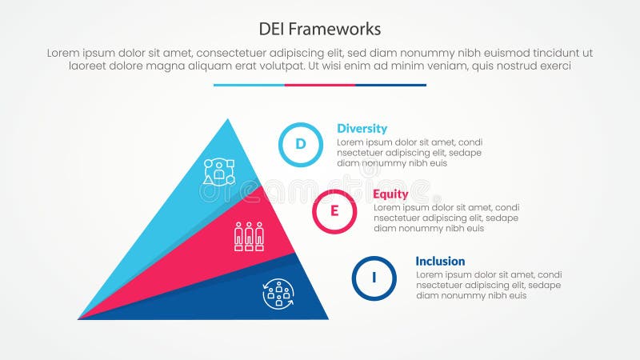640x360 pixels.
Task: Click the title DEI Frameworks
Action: [x=319, y=29]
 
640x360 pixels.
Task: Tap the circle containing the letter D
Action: [x=300, y=145]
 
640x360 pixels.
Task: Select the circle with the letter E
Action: [x=334, y=211]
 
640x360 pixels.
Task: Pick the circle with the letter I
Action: [x=374, y=278]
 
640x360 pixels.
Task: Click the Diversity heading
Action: [x=362, y=128]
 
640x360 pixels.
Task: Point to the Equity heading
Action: [x=390, y=194]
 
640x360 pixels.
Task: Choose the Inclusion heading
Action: [x=440, y=262]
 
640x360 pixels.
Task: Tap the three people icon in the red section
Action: [x=249, y=236]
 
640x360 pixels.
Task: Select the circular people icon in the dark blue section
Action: [x=278, y=294]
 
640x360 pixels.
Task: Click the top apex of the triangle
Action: [x=228, y=121]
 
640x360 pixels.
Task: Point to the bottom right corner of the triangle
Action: [x=326, y=318]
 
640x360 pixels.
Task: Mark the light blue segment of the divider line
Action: [x=249, y=85]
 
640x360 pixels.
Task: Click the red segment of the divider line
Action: [x=320, y=85]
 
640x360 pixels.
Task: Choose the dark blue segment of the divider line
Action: [x=390, y=85]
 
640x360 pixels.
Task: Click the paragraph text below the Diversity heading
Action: [x=409, y=152]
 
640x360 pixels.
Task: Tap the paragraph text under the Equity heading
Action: [x=445, y=218]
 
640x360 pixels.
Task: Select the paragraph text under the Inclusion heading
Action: [x=488, y=285]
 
